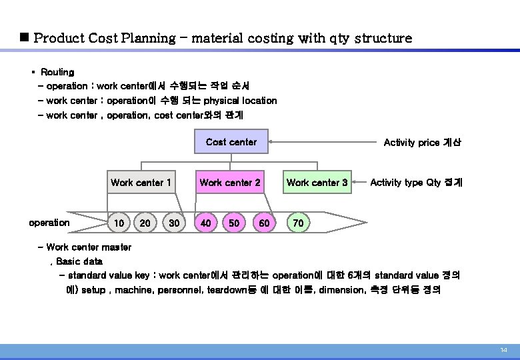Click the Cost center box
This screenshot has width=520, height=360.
[x=231, y=142]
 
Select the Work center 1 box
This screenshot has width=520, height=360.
[x=141, y=182]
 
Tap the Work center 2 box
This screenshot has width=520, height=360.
[x=230, y=182]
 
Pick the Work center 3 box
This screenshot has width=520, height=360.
[x=317, y=182]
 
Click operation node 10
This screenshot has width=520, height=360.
[x=118, y=223]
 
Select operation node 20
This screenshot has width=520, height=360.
[x=145, y=223]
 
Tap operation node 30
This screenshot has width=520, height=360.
[x=174, y=223]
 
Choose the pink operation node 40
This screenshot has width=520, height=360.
[x=205, y=223]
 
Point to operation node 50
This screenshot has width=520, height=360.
[x=234, y=223]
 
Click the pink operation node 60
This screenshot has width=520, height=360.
[x=264, y=223]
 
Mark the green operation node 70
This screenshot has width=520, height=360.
[x=298, y=223]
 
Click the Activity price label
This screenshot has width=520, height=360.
[x=421, y=142]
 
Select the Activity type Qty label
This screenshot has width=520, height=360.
[x=416, y=182]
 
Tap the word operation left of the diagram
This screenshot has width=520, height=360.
[x=49, y=223]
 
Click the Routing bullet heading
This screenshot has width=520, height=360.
[x=57, y=71]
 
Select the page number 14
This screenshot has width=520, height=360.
[x=503, y=351]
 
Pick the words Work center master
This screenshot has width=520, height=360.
[x=89, y=247]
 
